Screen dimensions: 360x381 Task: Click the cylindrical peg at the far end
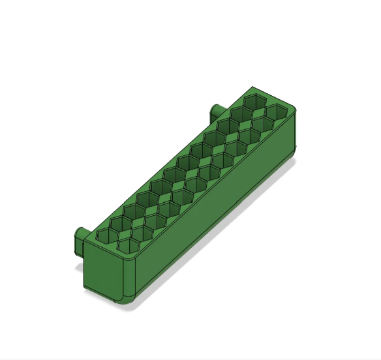click(x=214, y=112)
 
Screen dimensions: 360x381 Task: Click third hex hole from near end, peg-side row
click(x=132, y=209)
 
